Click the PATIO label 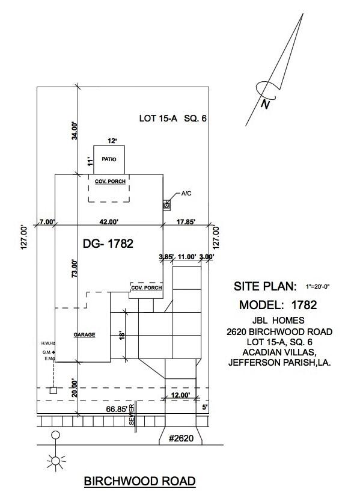click(109, 159)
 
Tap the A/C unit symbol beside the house click(166, 206)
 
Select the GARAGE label click(84, 335)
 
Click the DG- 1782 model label click(108, 244)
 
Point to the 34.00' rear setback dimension click(75, 131)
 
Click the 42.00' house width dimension click(109, 222)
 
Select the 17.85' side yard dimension click(186, 222)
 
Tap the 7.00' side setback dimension click(47, 222)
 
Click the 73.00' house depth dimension click(75, 268)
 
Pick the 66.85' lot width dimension click(117, 409)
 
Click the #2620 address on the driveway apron click(181, 438)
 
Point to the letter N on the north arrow click(265, 104)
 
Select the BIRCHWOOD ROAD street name click(140, 481)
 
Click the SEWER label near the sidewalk click(132, 415)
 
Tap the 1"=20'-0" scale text click(317, 287)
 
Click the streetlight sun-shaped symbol click(56, 461)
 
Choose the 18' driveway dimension click(121, 335)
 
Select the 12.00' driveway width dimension click(181, 395)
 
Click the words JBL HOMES click(278, 320)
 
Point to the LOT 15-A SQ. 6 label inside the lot click(173, 118)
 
